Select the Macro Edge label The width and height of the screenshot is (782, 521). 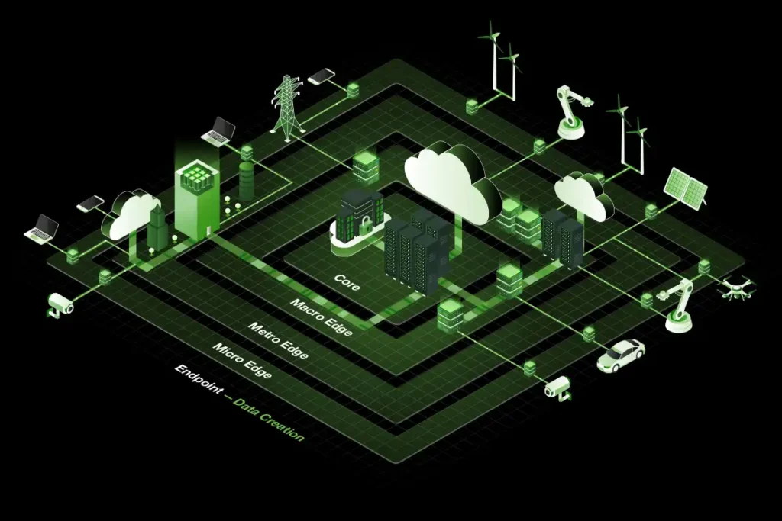coord(321,317)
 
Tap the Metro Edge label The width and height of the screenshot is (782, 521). coord(278,341)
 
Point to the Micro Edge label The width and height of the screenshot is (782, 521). coord(242,362)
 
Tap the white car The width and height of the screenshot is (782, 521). coord(620,355)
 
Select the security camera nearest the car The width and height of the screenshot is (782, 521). coord(557,387)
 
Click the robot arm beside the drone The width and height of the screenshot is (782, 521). coord(679,305)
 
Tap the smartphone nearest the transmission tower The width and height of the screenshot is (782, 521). coord(322,76)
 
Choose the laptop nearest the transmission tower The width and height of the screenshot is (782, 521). coord(219,132)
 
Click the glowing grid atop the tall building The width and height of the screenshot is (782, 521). coord(197,178)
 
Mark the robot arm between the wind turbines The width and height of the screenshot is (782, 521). coord(570,113)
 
